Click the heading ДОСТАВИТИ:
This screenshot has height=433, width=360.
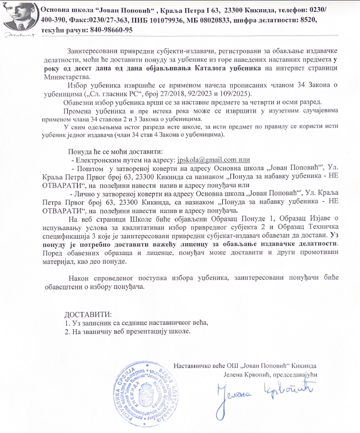coord(88,314)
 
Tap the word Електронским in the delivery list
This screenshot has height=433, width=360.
coord(98,160)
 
